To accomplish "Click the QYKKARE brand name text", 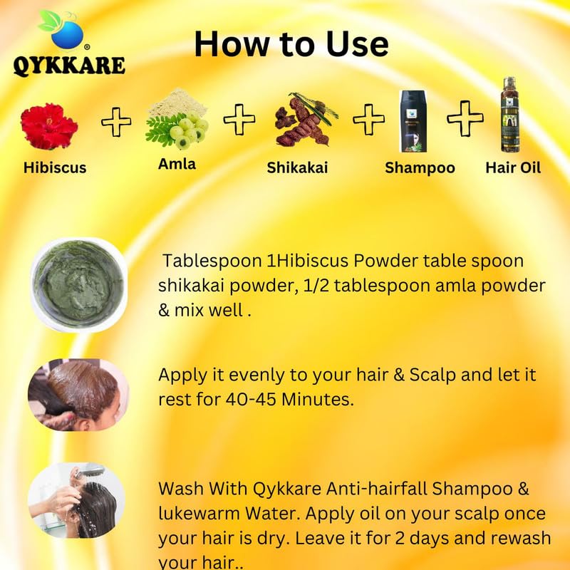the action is [x=69, y=66].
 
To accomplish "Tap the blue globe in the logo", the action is [x=67, y=35].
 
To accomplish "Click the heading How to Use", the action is [x=291, y=44].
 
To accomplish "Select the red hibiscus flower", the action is [x=48, y=126].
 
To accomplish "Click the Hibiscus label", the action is [x=55, y=167].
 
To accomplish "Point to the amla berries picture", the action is [x=177, y=119].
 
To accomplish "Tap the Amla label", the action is [x=177, y=164].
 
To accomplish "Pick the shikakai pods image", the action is [x=305, y=119].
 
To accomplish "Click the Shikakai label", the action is [x=297, y=167].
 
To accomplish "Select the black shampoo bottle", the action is [x=413, y=121].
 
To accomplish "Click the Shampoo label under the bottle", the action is [x=420, y=168].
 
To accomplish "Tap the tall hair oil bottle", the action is [x=510, y=114].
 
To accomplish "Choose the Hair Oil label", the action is [x=513, y=167].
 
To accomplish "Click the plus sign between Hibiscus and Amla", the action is [x=116, y=122].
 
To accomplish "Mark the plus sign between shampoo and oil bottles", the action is [x=465, y=119].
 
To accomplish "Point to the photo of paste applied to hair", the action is [x=78, y=395].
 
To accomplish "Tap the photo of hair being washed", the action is [x=77, y=500].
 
